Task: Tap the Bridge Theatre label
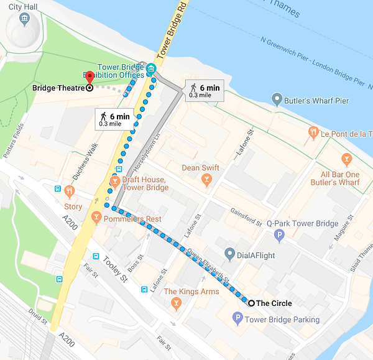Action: click(x=58, y=88)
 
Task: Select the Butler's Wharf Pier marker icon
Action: click(x=277, y=99)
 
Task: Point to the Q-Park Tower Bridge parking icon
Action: click(x=279, y=235)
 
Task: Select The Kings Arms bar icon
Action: click(x=176, y=303)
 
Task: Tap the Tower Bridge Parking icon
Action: click(x=237, y=320)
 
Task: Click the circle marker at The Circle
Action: click(x=251, y=303)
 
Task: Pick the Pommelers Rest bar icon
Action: click(x=96, y=218)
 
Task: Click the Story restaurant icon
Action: click(x=70, y=192)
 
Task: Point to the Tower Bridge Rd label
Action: click(x=172, y=30)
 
